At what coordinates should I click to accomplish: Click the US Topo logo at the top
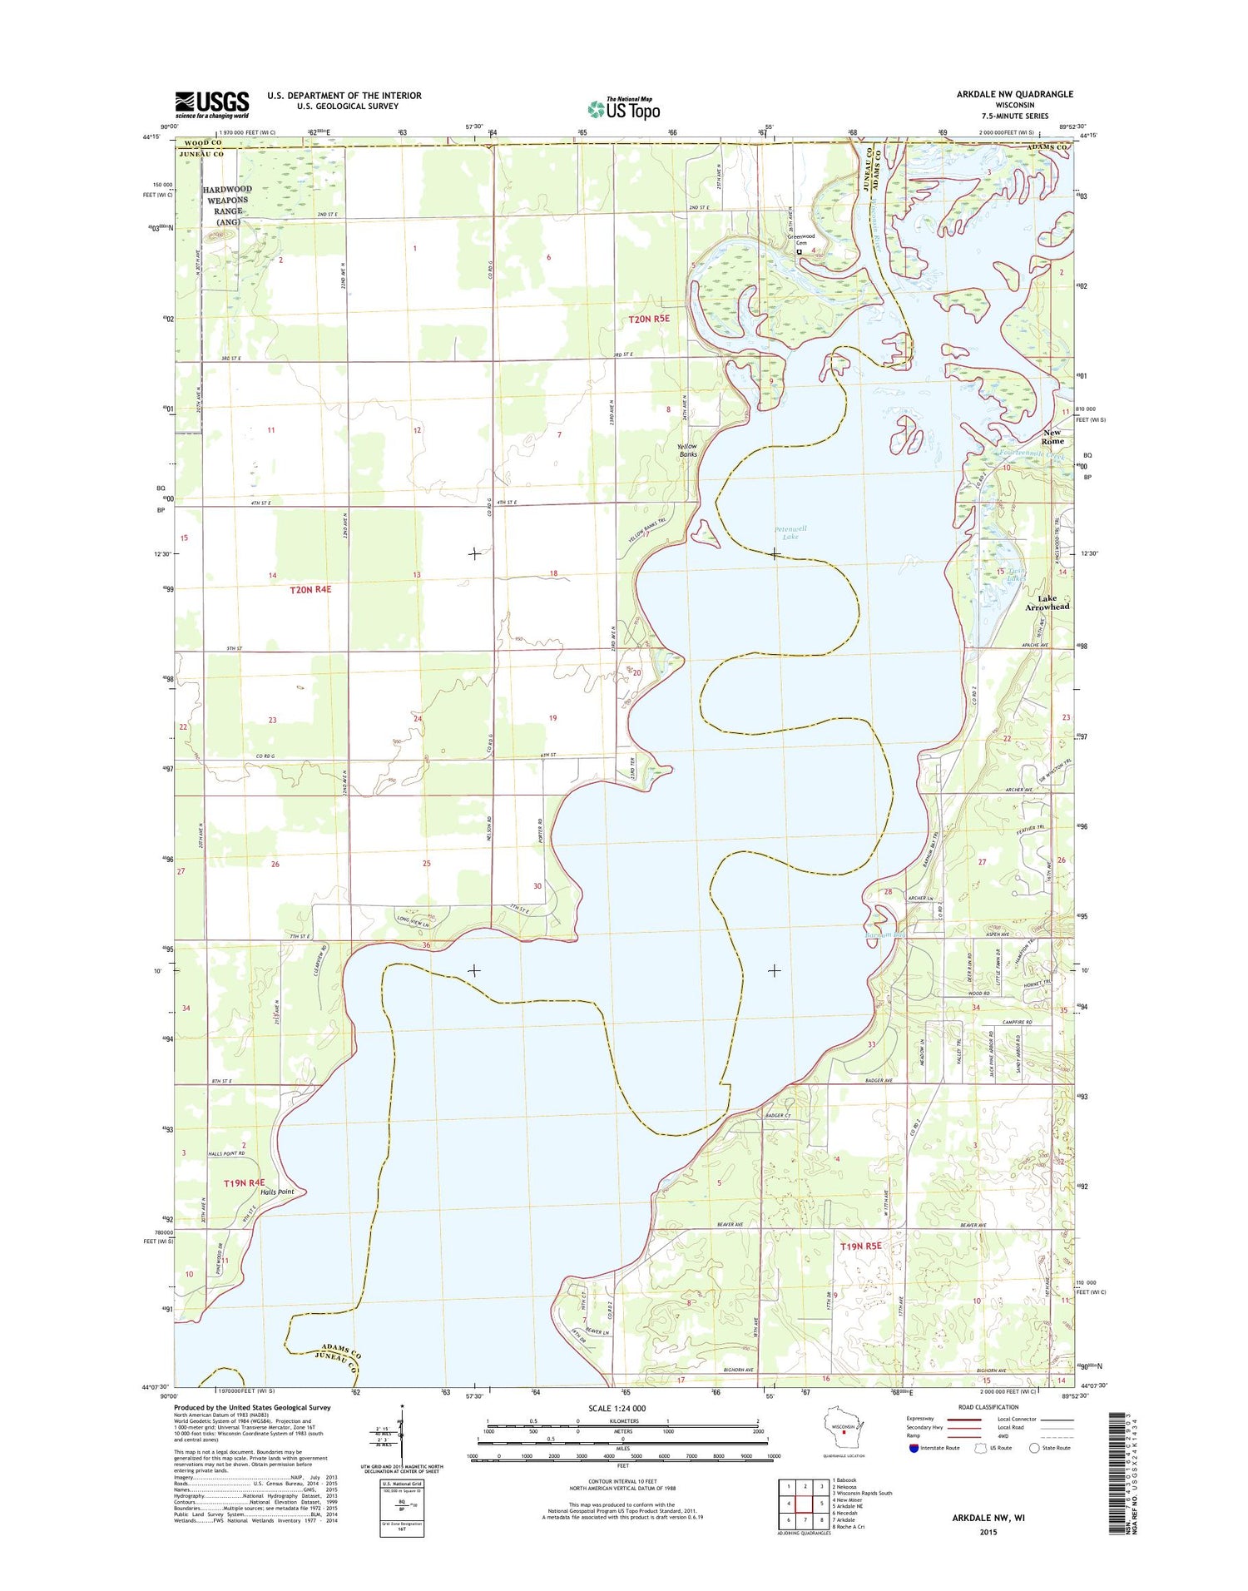624,108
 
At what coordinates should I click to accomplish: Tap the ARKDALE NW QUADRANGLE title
1014,94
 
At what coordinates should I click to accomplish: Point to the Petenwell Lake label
790,533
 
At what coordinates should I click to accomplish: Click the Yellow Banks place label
687,450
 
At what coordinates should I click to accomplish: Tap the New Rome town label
1052,437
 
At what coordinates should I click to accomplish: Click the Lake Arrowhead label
1047,602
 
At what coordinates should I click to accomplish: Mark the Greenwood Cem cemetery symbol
799,251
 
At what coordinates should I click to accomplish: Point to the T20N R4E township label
310,589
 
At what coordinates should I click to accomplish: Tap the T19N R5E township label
860,1246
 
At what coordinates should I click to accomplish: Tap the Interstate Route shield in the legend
914,1448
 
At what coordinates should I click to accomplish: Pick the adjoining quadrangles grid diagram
805,1504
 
